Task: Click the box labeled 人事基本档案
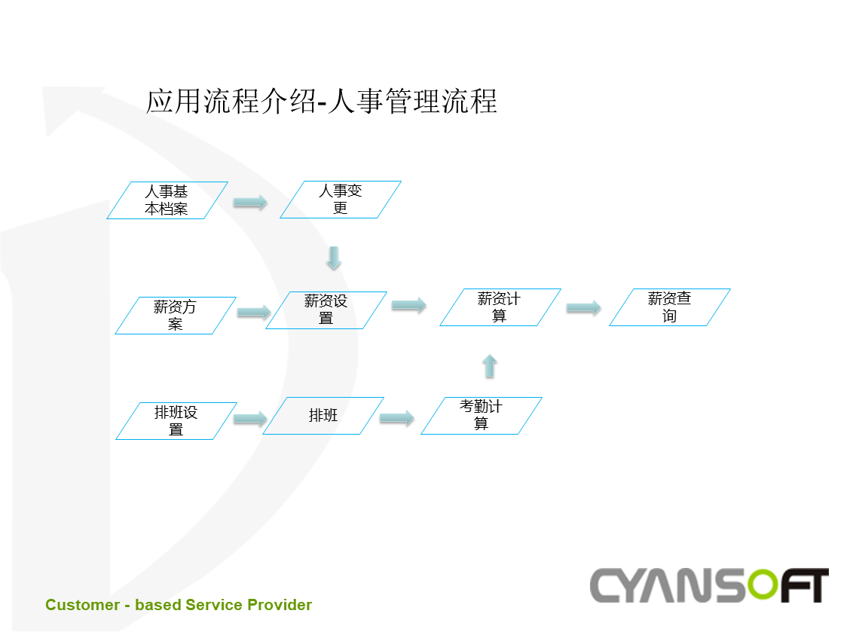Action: [x=167, y=200]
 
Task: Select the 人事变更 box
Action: [x=341, y=200]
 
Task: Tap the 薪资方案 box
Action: [x=176, y=316]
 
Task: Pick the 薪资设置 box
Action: [x=326, y=310]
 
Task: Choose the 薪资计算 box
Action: [x=500, y=307]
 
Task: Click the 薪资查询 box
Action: [x=670, y=307]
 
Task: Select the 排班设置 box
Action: [x=176, y=421]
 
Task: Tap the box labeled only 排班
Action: [x=323, y=416]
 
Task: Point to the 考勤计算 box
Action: [x=482, y=416]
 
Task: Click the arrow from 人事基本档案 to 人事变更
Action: [x=250, y=202]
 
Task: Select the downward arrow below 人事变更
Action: [x=334, y=258]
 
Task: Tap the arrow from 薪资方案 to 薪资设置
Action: [x=254, y=312]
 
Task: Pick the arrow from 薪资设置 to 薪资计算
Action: [x=409, y=305]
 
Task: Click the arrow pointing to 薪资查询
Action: [x=584, y=308]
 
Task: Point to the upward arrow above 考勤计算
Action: [x=490, y=366]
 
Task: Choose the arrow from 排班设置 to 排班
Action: [x=250, y=418]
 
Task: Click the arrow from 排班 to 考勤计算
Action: [x=397, y=418]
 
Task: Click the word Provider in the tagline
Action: [x=280, y=605]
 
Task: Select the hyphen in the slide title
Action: [x=322, y=103]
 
